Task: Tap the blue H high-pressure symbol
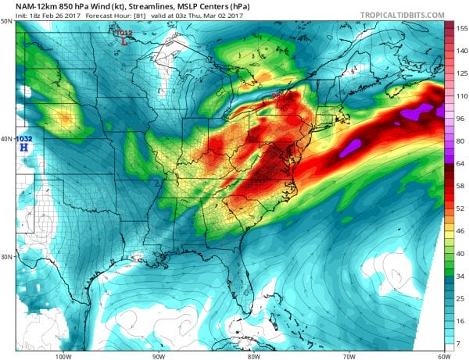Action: pos(25,146)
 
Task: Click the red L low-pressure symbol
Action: pos(125,41)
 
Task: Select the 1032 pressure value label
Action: pos(24,138)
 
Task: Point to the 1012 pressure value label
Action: pos(124,33)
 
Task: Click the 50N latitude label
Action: pos(6,21)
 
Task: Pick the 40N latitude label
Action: pos(6,139)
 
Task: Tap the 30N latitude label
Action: pos(6,257)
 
